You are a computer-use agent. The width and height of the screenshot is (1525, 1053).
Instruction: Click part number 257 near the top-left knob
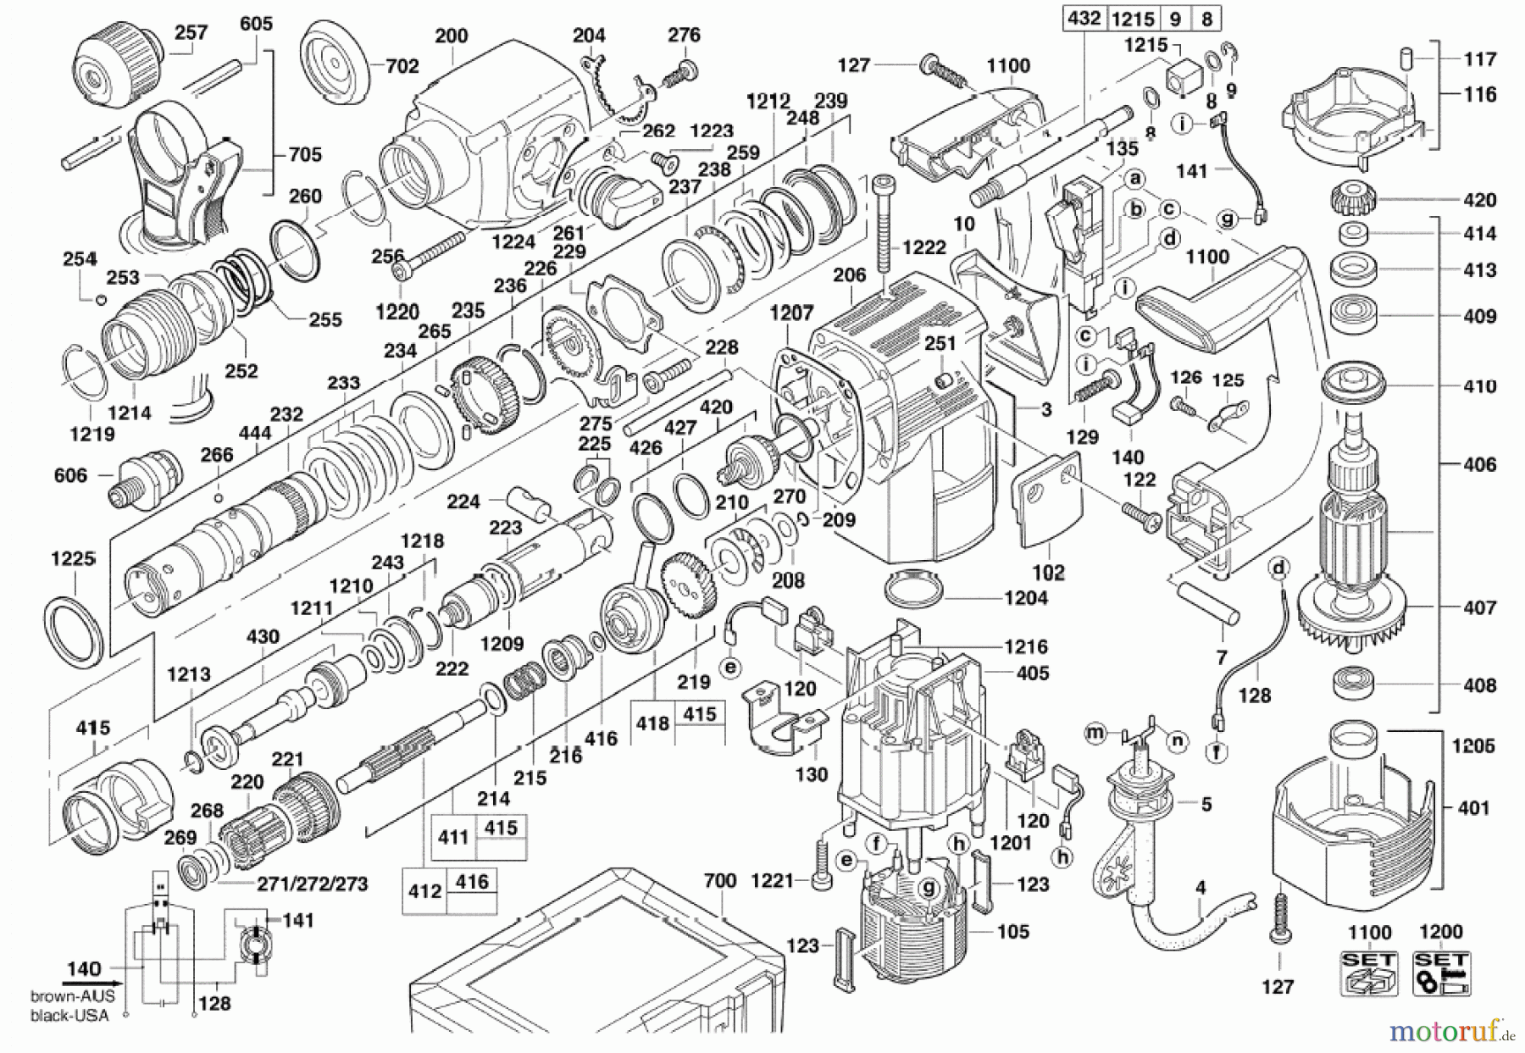pos(191,32)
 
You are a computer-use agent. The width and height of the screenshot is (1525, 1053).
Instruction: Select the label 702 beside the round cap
pos(402,66)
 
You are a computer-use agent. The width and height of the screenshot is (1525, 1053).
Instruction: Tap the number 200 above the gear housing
pos(451,36)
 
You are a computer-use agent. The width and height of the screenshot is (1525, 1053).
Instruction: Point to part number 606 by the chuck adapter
pos(70,475)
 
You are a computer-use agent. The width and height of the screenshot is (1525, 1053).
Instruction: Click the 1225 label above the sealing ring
pos(73,559)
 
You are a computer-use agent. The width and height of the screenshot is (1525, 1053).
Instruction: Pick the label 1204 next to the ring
pos(1025,598)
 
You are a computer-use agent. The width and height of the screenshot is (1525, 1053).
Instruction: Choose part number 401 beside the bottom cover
pos(1473,808)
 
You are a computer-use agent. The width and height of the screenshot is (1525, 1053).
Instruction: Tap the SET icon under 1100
pos(1369,973)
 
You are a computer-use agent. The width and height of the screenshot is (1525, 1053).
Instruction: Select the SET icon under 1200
pos(1441,973)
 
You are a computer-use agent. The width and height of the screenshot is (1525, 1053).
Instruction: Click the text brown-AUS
pos(72,997)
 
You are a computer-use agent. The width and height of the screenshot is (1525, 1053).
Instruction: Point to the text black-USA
pos(70,1015)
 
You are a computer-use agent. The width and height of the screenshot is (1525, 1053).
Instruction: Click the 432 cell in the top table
pos(1084,19)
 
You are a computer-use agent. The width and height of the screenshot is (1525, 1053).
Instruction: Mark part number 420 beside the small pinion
pos(1479,201)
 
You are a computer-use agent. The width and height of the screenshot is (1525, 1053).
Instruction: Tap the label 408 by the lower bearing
pos(1479,685)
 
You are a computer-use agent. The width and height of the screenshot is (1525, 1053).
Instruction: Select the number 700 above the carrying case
pos(719,881)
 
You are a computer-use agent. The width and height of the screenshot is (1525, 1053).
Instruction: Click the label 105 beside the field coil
pos(1012,932)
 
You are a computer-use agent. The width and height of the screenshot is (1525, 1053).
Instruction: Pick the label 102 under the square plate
pos(1048,573)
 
